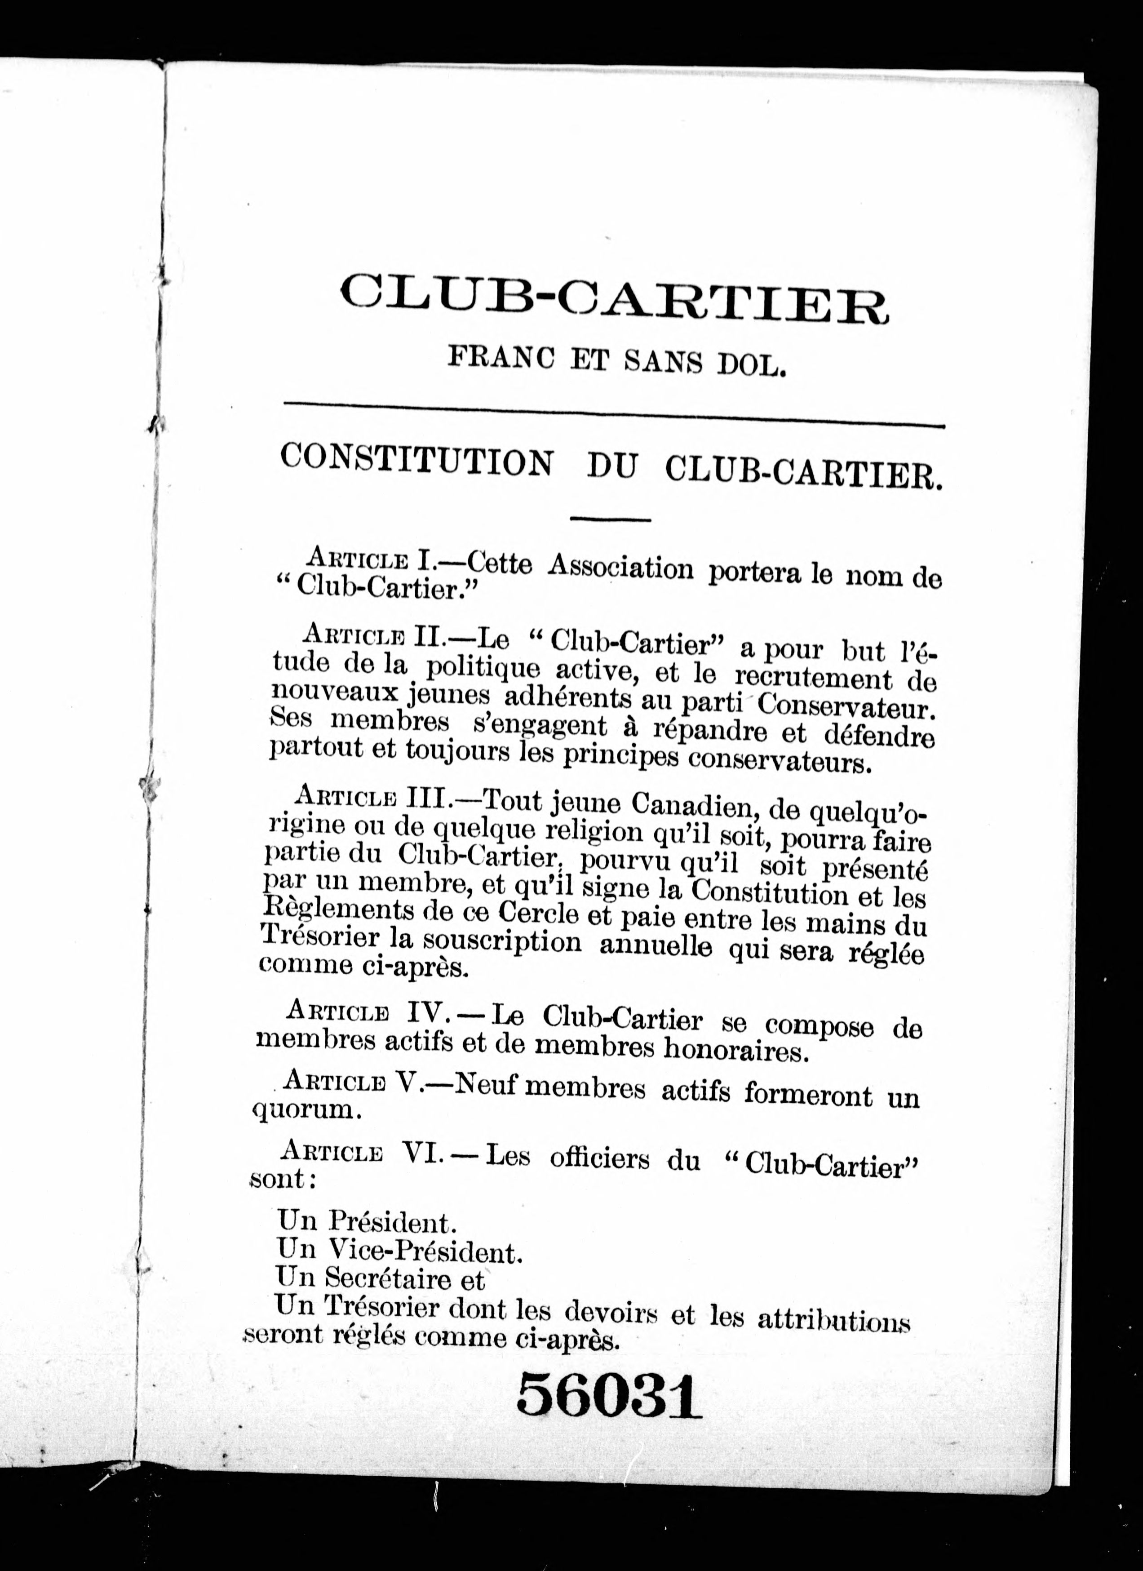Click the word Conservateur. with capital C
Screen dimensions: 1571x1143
[x=847, y=706]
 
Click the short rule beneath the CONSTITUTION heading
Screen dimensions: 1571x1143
[x=610, y=518]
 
